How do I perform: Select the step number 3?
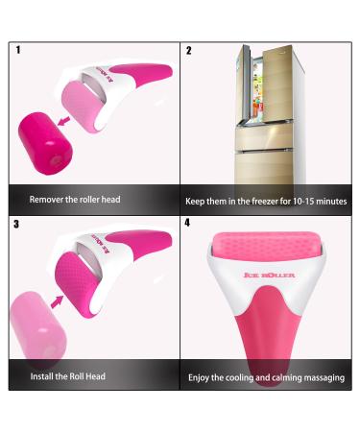[x=17, y=224]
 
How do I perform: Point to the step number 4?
[x=188, y=223]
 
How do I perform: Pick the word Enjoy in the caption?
[x=201, y=377]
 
